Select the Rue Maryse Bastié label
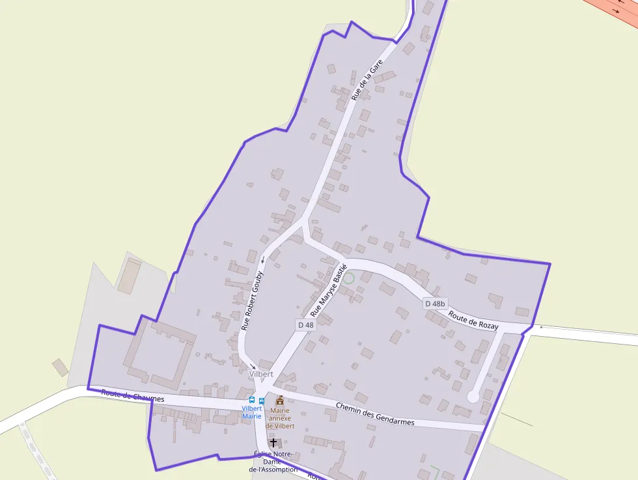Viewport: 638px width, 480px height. pos(329,290)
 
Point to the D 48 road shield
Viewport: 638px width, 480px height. pos(306,324)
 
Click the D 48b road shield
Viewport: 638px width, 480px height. pos(435,304)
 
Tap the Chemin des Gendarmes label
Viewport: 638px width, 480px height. pos(375,414)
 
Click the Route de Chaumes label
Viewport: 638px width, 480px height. pos(133,395)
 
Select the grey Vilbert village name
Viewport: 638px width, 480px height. pos(261,374)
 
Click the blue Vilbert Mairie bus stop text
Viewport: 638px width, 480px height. pos(251,412)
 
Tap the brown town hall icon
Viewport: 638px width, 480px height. pos(280,400)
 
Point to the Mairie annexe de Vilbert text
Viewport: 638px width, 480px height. pos(280,418)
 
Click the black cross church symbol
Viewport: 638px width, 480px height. pos(273,443)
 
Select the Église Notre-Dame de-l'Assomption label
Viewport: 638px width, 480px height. pos(273,462)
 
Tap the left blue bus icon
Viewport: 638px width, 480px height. pos(252,400)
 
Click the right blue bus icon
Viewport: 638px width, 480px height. pos(262,401)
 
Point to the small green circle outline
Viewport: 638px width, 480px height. pos(348,278)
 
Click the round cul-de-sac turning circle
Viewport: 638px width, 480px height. pos(473,396)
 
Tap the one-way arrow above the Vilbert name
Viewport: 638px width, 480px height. pos(252,366)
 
